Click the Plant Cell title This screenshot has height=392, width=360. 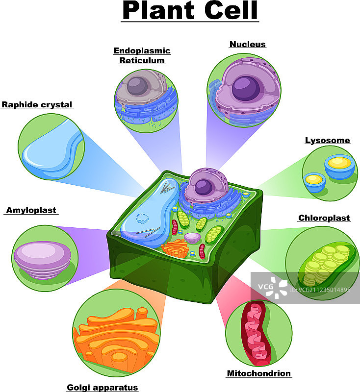(x=190, y=11)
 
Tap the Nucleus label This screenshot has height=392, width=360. (x=248, y=44)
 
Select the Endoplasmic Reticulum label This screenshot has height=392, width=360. (x=142, y=55)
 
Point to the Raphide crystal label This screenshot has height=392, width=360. (x=37, y=104)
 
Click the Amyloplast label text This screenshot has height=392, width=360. (x=31, y=210)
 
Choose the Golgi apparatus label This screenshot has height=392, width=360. (x=103, y=388)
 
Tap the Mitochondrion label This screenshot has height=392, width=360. (x=258, y=373)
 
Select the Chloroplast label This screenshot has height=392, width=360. (x=324, y=218)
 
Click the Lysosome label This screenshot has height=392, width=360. (x=328, y=141)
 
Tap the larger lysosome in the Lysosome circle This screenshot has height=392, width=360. (x=340, y=166)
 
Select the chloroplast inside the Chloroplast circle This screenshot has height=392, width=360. (x=324, y=265)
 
